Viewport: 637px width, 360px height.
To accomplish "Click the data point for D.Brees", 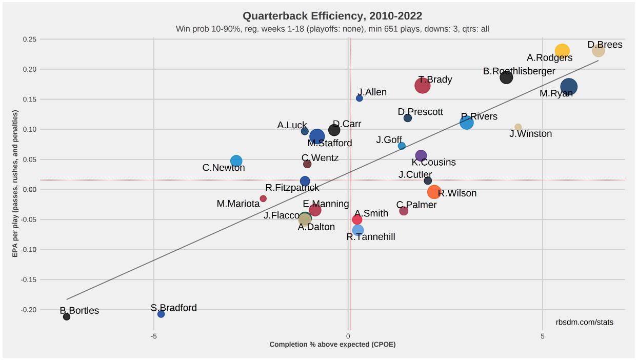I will (x=598, y=50).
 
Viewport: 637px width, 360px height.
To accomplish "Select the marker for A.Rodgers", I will (x=562, y=51).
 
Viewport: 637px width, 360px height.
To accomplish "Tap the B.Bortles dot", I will (x=67, y=316).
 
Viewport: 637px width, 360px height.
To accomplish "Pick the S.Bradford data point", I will (x=161, y=314).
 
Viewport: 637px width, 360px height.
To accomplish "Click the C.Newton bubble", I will (x=236, y=161).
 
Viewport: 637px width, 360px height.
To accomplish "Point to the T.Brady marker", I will (x=422, y=86).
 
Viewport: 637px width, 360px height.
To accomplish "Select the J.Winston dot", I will (x=518, y=127).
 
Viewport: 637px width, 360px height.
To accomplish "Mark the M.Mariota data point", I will (x=263, y=198).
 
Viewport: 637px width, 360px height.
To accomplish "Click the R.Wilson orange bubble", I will (x=434, y=192).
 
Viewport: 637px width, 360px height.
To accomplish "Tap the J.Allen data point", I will (x=360, y=98).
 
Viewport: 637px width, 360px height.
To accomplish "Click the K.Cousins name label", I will (x=433, y=163).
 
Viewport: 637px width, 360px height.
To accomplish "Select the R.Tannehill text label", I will (x=371, y=237).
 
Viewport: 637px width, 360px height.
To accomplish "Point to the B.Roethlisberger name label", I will (x=519, y=71).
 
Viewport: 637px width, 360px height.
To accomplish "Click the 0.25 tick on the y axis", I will (x=29, y=39).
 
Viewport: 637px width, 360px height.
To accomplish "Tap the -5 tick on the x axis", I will (x=153, y=336).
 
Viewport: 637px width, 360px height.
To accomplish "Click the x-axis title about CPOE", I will (x=332, y=345).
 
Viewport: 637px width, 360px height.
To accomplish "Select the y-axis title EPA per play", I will (x=15, y=184).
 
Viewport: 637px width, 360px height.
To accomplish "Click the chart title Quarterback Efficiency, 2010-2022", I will (x=332, y=16).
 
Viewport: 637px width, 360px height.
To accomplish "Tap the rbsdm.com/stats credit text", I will (x=584, y=322).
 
